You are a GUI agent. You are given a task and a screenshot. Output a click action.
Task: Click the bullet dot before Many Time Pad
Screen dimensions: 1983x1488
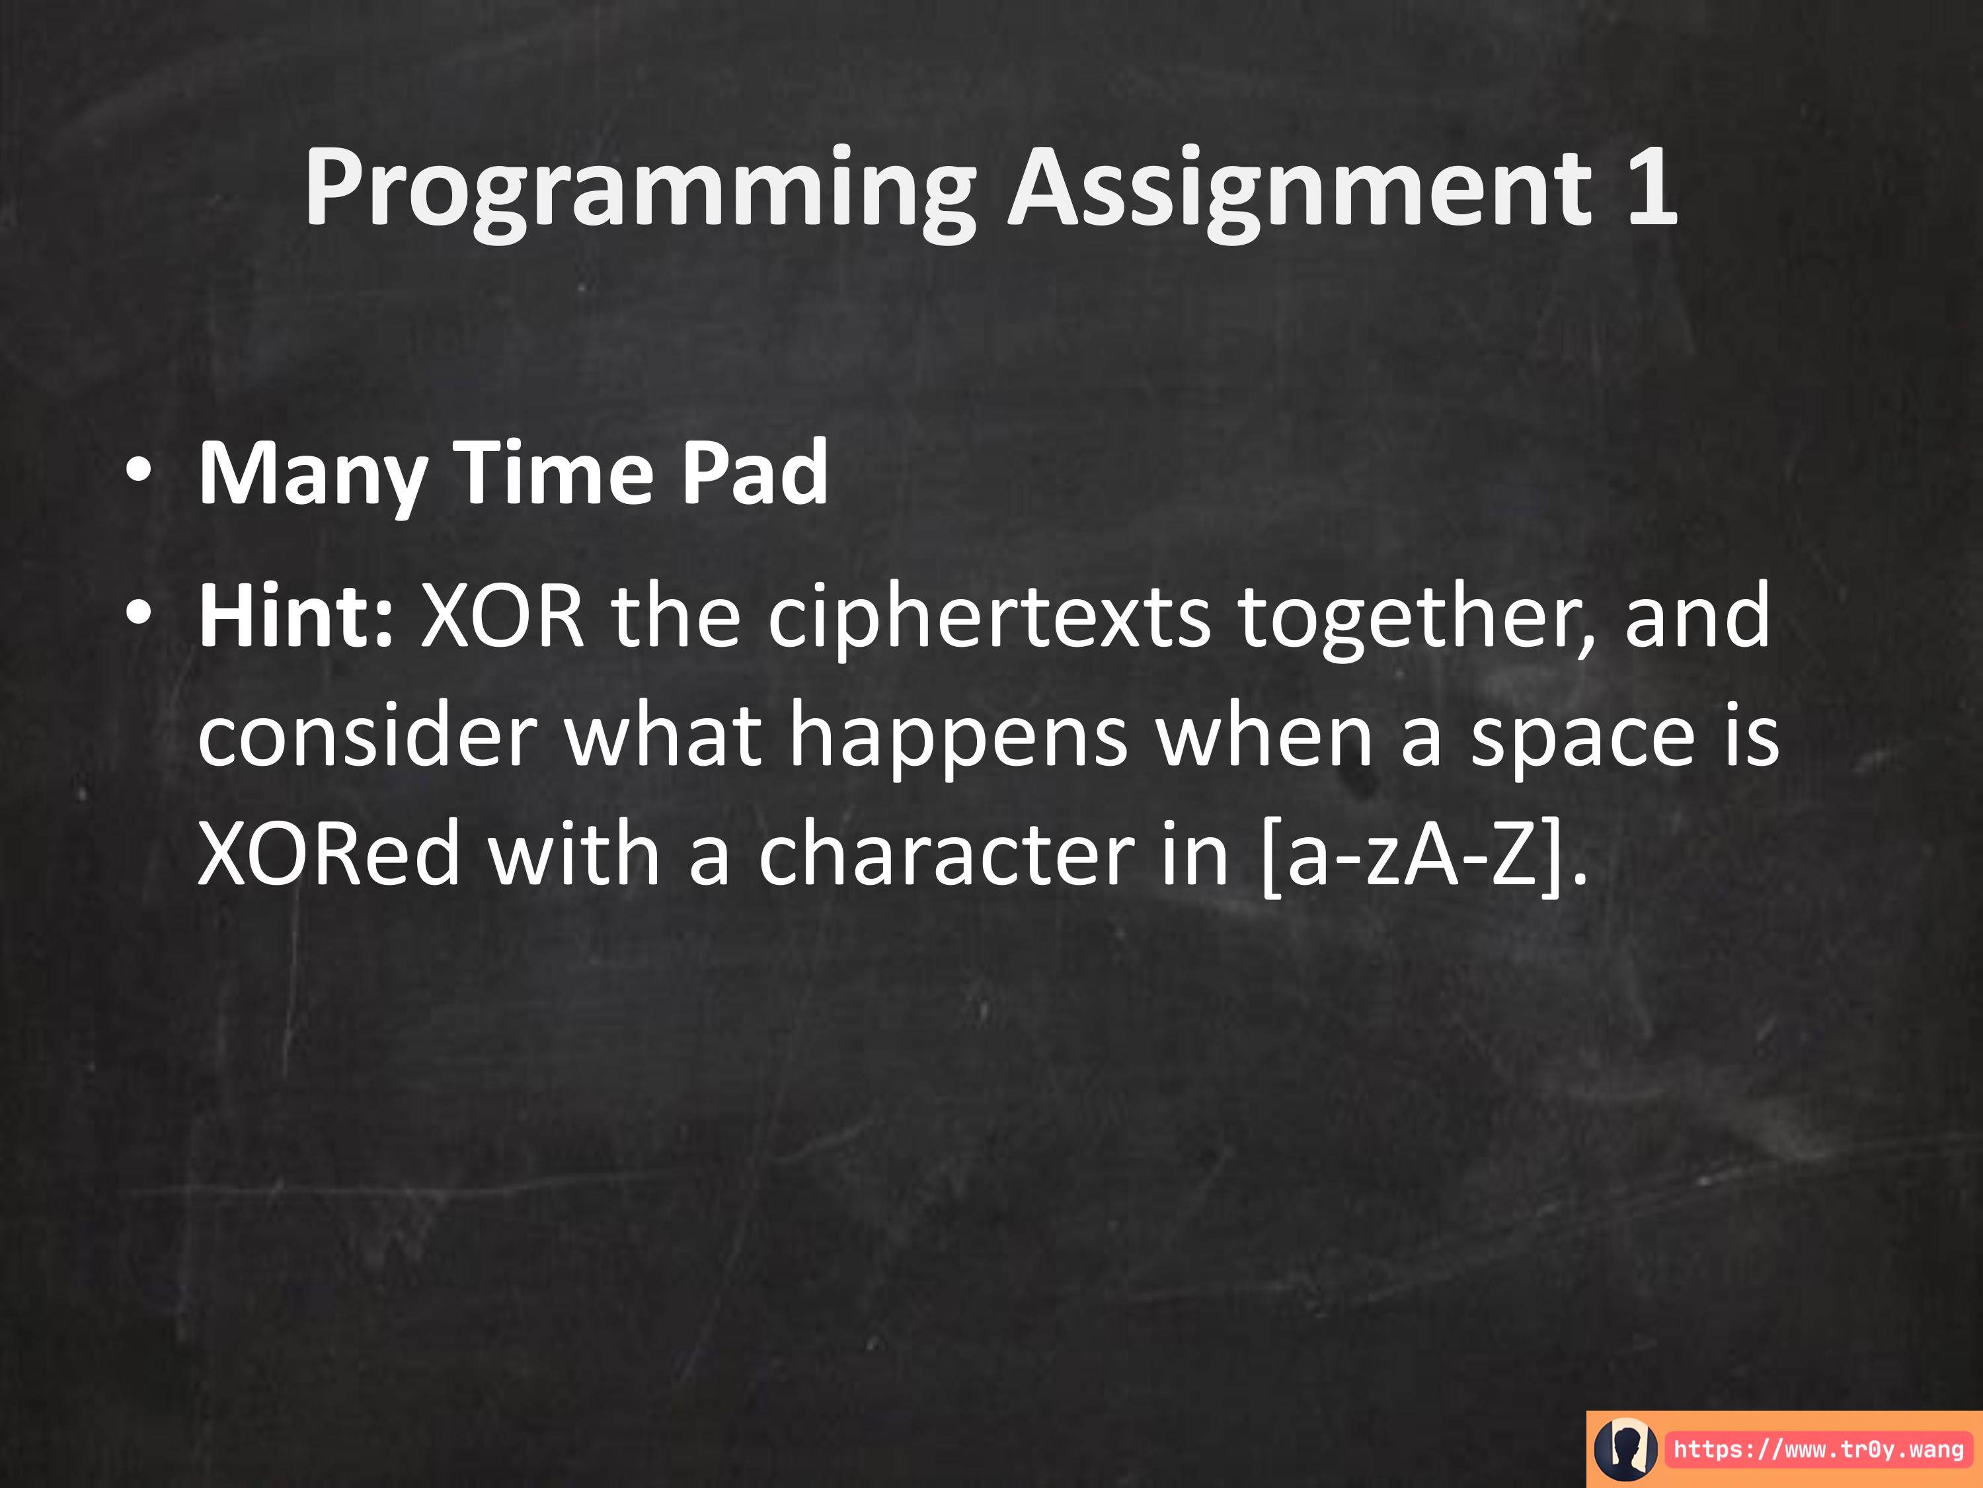coord(139,472)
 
